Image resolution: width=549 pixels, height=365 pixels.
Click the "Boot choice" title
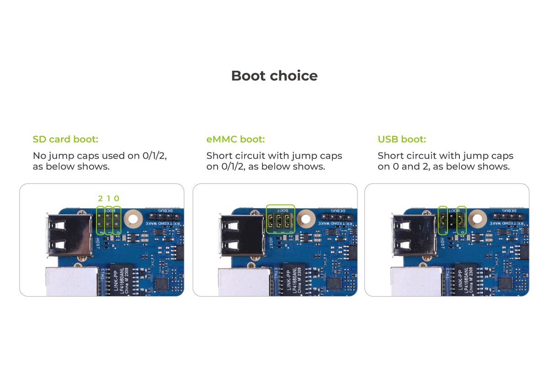click(x=274, y=76)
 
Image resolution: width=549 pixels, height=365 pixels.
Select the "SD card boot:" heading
click(x=65, y=139)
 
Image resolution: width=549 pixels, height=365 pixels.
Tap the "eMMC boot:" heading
click(x=235, y=139)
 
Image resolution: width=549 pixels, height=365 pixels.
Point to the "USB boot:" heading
click(x=402, y=139)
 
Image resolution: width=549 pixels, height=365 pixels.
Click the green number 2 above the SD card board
click(x=101, y=198)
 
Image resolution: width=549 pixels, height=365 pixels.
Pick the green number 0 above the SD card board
click(x=117, y=198)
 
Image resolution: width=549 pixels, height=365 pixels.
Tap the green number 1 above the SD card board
click(x=109, y=198)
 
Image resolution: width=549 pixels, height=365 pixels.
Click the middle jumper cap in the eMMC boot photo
click(x=279, y=220)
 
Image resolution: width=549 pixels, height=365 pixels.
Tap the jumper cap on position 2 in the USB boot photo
click(x=442, y=221)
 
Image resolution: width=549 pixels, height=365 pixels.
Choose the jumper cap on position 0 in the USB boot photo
click(x=462, y=221)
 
